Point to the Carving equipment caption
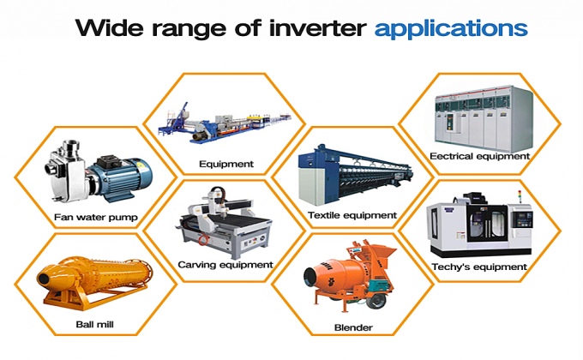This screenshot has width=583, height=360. [225, 264]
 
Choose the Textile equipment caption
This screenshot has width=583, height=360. [352, 214]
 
